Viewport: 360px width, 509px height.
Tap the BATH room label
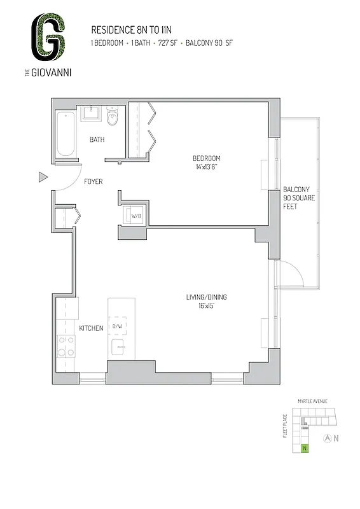(x=97, y=139)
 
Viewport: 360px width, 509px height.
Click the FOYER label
(x=93, y=182)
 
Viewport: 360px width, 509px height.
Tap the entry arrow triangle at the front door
(x=43, y=178)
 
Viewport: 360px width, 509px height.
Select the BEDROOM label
(x=207, y=158)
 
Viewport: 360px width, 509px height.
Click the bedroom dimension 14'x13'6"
(x=207, y=167)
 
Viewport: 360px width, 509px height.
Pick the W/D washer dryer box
(x=136, y=216)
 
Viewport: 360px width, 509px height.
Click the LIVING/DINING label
(x=206, y=297)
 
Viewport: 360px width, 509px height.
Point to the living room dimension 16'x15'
(x=206, y=306)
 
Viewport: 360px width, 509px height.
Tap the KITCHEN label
(x=91, y=328)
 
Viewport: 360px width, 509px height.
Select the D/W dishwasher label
(x=118, y=326)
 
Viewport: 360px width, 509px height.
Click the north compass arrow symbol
(x=328, y=438)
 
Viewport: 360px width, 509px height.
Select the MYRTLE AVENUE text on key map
(x=312, y=401)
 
